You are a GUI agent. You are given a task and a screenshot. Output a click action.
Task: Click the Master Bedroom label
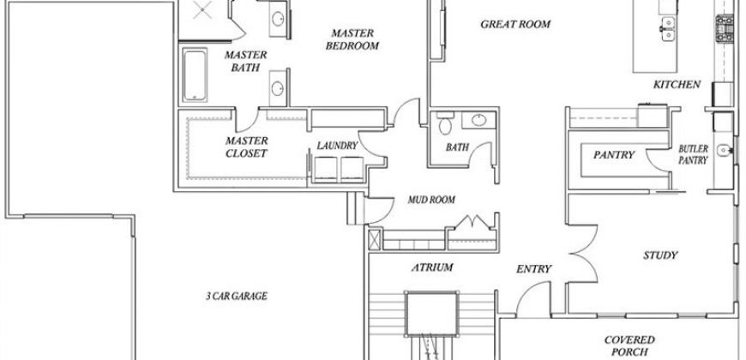(x=352, y=39)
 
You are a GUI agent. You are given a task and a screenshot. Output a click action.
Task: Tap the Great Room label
(x=515, y=24)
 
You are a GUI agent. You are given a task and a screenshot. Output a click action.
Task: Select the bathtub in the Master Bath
(x=195, y=75)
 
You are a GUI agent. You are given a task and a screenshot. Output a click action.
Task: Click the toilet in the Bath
(x=445, y=123)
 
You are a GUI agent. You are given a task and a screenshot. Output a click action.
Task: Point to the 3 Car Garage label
(x=237, y=297)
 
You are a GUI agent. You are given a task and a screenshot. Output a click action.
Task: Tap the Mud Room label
(x=431, y=200)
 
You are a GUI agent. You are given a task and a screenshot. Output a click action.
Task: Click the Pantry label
(x=614, y=155)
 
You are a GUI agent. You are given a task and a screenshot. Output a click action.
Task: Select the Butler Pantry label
(x=693, y=154)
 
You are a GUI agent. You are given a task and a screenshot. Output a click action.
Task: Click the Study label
(x=660, y=255)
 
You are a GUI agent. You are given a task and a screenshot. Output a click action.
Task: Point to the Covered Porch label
(x=629, y=346)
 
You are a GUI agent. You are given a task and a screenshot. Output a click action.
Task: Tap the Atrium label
(x=432, y=267)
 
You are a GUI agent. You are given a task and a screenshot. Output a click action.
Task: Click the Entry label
(x=534, y=269)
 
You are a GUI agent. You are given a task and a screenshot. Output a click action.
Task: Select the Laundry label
(x=337, y=146)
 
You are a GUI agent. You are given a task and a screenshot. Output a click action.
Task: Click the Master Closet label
(x=246, y=147)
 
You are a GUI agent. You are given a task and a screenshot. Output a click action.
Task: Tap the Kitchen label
(x=677, y=85)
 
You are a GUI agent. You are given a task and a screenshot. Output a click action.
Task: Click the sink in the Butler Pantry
(x=724, y=150)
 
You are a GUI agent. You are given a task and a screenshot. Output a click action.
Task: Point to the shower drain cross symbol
(x=202, y=9)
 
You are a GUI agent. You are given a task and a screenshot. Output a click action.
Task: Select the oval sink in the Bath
(x=479, y=120)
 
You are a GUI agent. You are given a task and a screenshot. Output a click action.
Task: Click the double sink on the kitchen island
(x=668, y=29)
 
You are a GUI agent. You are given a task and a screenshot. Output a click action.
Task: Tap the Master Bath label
(x=245, y=62)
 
